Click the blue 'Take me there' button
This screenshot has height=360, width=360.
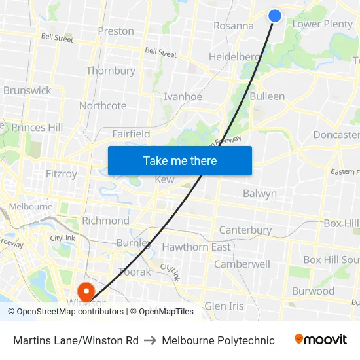(179, 160)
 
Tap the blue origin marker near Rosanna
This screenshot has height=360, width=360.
(275, 15)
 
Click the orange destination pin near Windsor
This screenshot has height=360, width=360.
(86, 290)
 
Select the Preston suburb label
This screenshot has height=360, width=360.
(116, 31)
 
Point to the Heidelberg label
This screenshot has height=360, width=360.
(234, 57)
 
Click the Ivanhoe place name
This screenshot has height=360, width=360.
(183, 96)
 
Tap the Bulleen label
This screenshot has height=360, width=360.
(267, 96)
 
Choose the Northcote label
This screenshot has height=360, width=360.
(103, 105)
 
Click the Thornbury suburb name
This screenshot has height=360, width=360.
(111, 71)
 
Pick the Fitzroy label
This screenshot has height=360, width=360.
(62, 174)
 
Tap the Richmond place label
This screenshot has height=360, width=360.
(105, 221)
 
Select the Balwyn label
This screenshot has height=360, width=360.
(260, 194)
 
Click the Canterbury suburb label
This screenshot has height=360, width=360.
(245, 230)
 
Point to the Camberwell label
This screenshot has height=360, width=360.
(242, 264)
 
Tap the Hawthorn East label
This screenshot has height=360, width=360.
(196, 247)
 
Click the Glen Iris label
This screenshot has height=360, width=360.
(224, 306)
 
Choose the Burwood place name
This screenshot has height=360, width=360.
(313, 291)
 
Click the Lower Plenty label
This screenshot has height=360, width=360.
(322, 24)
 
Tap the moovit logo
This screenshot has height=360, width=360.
(320, 340)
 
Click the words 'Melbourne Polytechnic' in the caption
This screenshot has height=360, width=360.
(218, 340)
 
